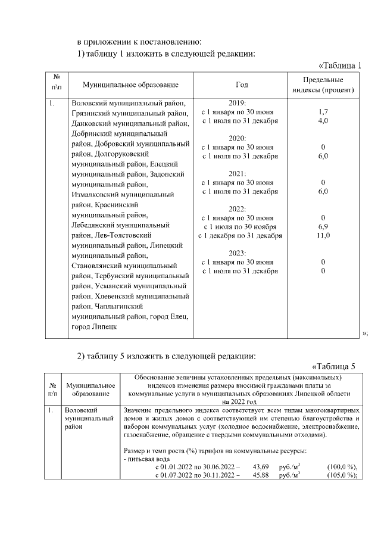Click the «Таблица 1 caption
tap(340, 65)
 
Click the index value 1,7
tap(323, 111)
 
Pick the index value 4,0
tap(323, 121)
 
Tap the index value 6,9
tap(323, 226)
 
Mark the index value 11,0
tap(323, 236)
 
